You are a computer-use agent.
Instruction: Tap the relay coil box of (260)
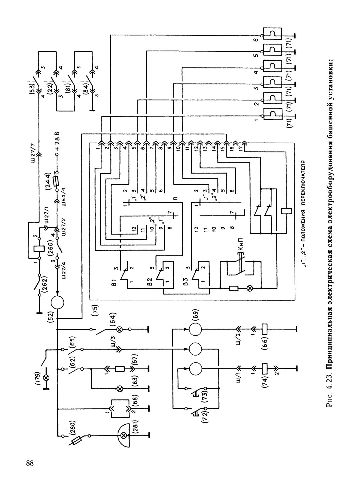(x=39, y=249)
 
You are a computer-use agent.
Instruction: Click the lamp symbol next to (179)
(x=46, y=378)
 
